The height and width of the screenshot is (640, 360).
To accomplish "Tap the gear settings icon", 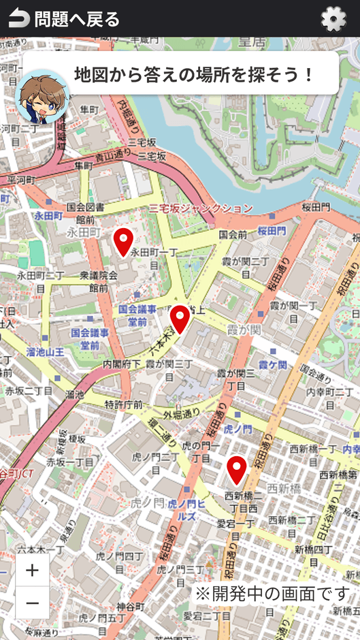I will [x=333, y=19].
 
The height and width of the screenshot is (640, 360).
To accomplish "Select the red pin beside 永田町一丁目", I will [x=123, y=242].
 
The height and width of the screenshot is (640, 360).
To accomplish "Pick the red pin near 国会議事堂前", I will [x=180, y=319].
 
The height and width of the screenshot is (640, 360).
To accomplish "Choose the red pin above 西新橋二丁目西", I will [x=237, y=469].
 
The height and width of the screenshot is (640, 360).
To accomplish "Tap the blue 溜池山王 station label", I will [x=45, y=352].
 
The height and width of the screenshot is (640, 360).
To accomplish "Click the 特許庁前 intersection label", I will [x=124, y=405].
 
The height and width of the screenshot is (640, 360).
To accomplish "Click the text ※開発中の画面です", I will [x=272, y=593].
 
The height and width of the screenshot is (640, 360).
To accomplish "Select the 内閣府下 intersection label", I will [x=122, y=365].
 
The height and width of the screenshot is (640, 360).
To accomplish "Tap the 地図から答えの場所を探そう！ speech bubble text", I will [x=194, y=74].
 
